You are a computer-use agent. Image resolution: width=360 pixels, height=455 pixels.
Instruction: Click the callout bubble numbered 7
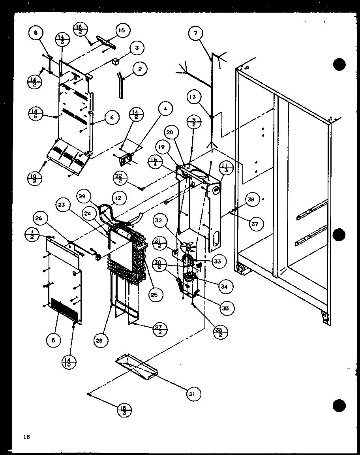195,33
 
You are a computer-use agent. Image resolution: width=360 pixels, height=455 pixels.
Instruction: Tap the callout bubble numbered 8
36,33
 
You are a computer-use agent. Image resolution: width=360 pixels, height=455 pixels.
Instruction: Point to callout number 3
136,48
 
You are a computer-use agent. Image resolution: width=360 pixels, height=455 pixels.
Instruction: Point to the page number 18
26,437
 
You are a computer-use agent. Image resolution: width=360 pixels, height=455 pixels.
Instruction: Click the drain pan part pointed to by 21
136,367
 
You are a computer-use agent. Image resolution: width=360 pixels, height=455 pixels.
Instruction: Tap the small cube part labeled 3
115,61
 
